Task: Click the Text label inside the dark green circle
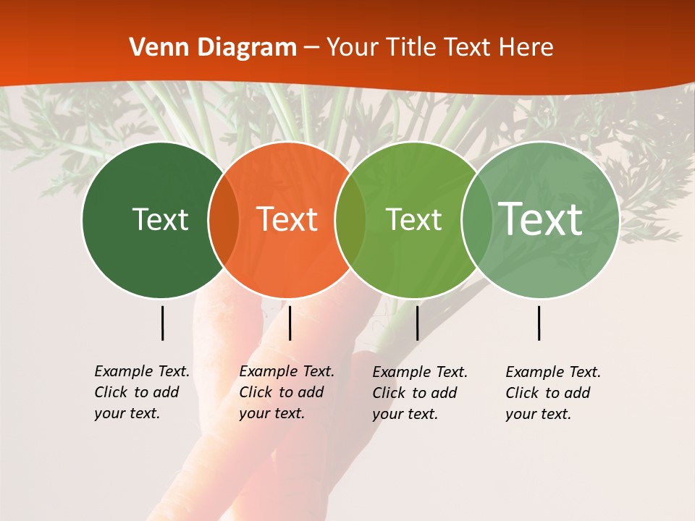160,219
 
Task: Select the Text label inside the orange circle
287,219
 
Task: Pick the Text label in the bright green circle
413,219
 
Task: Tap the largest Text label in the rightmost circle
541,219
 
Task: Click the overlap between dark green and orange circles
224,219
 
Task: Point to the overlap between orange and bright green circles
350,219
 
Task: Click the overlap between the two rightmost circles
476,219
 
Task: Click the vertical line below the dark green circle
163,323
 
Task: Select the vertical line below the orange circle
290,323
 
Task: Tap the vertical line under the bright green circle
417,323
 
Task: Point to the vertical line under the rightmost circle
539,323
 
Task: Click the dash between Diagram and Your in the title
311,48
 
